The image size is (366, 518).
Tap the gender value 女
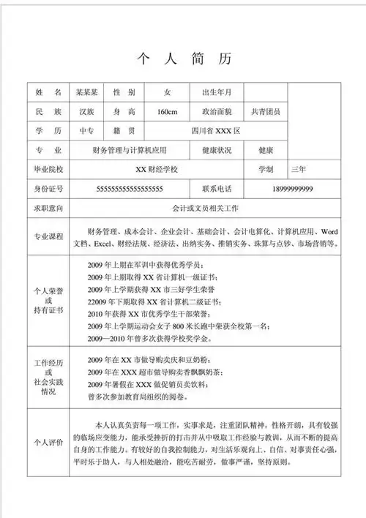coord(167,93)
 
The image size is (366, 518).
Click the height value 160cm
coord(167,112)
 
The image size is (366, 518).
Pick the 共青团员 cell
coord(265,112)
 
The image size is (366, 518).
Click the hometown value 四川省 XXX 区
coord(214,131)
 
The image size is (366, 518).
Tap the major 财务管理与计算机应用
coord(131,150)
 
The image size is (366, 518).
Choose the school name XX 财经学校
coord(162,169)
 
